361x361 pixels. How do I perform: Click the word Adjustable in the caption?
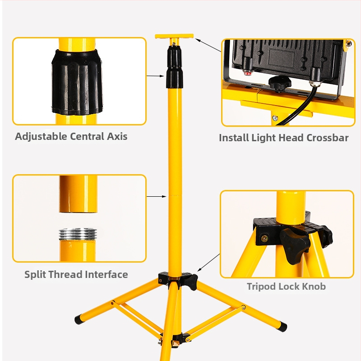click(41, 137)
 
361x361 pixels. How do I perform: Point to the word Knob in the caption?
click(314, 287)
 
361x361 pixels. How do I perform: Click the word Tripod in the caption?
click(261, 287)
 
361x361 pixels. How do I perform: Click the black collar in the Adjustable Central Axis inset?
click(77, 82)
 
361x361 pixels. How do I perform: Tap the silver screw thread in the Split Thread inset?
click(78, 234)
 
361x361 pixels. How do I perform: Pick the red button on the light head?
click(248, 74)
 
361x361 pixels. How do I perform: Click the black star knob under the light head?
click(280, 83)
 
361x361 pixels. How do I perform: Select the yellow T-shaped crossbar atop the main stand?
click(174, 37)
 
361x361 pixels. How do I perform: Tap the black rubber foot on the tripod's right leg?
click(283, 327)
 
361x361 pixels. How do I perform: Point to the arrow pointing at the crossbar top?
click(208, 46)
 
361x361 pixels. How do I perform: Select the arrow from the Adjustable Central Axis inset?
click(155, 76)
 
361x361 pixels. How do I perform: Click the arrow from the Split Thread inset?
click(157, 196)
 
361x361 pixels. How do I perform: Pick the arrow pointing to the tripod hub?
click(208, 263)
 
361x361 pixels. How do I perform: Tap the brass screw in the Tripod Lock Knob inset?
click(264, 239)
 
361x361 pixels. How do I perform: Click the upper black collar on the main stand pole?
click(174, 56)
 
